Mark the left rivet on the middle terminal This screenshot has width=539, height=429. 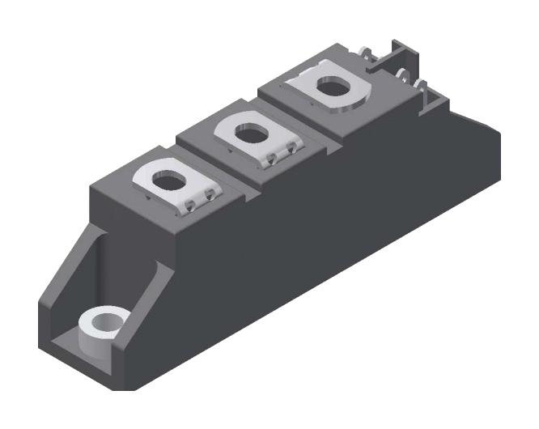click(270, 159)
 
